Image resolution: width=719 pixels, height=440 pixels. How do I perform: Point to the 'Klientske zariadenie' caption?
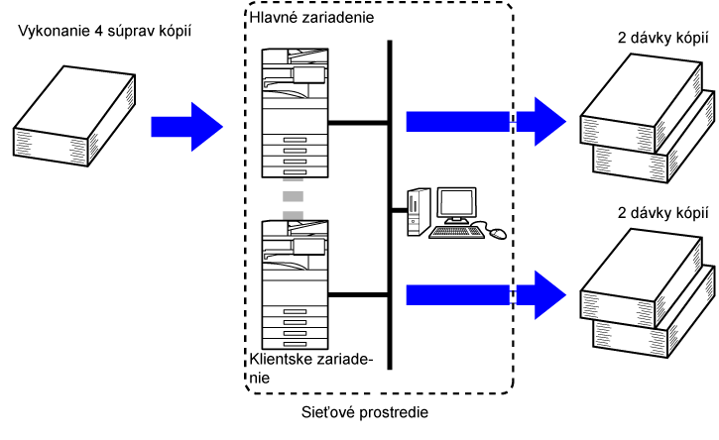coord(311,370)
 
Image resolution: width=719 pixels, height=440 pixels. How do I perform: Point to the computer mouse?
coord(498,234)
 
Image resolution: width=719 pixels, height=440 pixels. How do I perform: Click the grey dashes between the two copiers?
coord(293,198)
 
